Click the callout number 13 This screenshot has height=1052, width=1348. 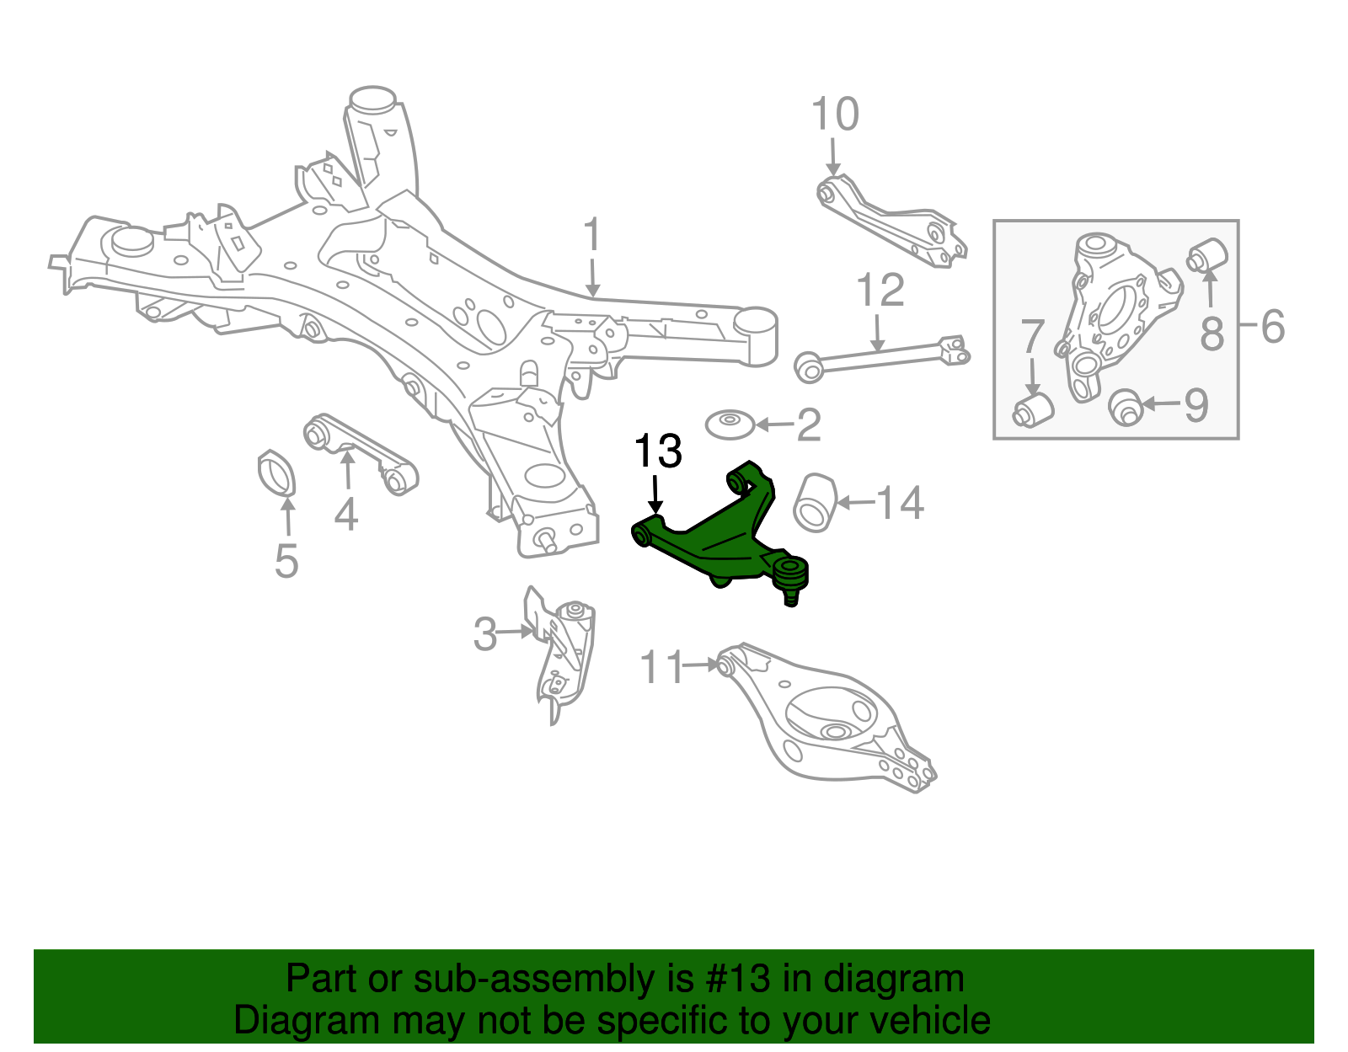click(x=657, y=452)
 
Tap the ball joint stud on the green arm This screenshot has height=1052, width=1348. click(x=791, y=595)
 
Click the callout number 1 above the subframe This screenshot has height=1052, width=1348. click(x=592, y=236)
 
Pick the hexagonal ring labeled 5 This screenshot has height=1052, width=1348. click(x=276, y=473)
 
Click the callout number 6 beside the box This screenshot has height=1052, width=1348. click(x=1273, y=326)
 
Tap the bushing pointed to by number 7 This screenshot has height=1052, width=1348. click(x=1033, y=409)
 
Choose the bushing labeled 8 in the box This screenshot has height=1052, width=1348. click(x=1209, y=254)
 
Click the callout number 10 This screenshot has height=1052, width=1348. click(x=834, y=115)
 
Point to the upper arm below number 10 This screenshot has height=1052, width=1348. click(x=893, y=221)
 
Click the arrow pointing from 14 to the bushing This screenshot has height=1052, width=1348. click(x=855, y=503)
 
